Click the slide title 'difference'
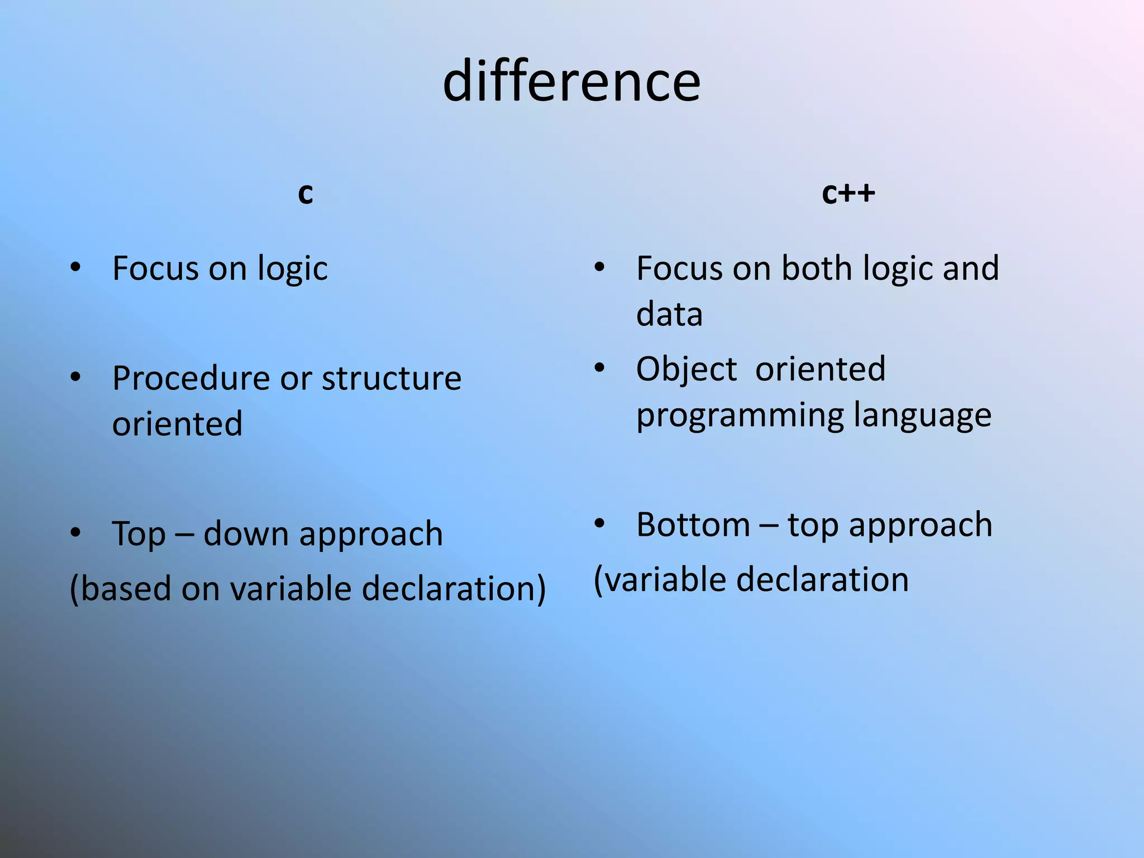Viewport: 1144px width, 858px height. (x=571, y=82)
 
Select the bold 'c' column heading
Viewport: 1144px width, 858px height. (x=305, y=193)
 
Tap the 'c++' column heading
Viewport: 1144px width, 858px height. (x=848, y=193)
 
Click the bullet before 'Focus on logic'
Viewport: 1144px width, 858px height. (x=76, y=268)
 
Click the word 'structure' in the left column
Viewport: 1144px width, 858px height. (x=392, y=378)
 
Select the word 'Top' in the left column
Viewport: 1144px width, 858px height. (x=139, y=534)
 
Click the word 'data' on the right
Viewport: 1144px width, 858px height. (x=669, y=314)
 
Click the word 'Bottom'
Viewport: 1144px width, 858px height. (x=693, y=525)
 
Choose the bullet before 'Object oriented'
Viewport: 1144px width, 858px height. (x=599, y=368)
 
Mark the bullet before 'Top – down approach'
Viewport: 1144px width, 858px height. (x=76, y=533)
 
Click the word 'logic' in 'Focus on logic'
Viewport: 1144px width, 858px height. (x=292, y=269)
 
